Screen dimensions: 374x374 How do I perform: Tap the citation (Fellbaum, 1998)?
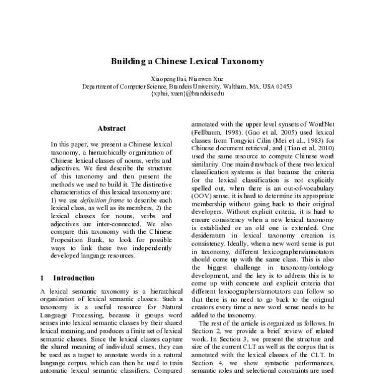(x=215, y=132)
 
